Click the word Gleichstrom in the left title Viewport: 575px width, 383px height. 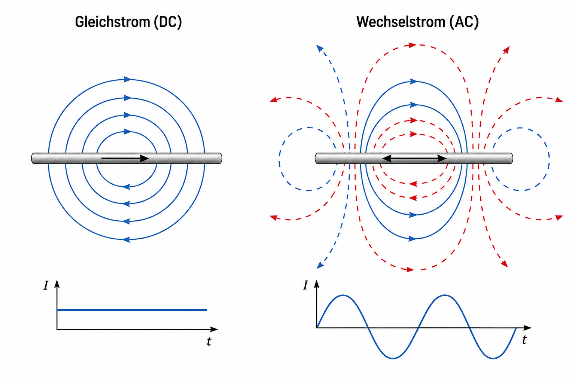[x=112, y=22]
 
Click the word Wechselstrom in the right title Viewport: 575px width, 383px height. [x=401, y=22]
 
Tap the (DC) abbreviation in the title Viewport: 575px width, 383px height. [x=168, y=22]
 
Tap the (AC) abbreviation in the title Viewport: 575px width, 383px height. [x=464, y=22]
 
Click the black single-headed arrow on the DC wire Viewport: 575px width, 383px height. [x=125, y=158]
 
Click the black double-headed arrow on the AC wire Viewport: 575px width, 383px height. [x=414, y=158]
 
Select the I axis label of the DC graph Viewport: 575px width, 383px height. [x=46, y=285]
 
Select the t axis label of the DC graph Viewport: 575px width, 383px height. [x=209, y=341]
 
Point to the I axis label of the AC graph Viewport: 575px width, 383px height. [x=305, y=285]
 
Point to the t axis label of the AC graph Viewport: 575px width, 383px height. [x=524, y=340]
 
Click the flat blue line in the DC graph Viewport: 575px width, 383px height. [x=132, y=310]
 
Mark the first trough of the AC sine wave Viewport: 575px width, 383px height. [x=393, y=358]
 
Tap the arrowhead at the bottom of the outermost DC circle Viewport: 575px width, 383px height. [x=126, y=240]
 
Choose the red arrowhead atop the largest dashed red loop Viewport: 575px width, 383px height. [x=412, y=45]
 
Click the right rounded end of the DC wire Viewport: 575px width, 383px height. [x=220, y=158]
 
